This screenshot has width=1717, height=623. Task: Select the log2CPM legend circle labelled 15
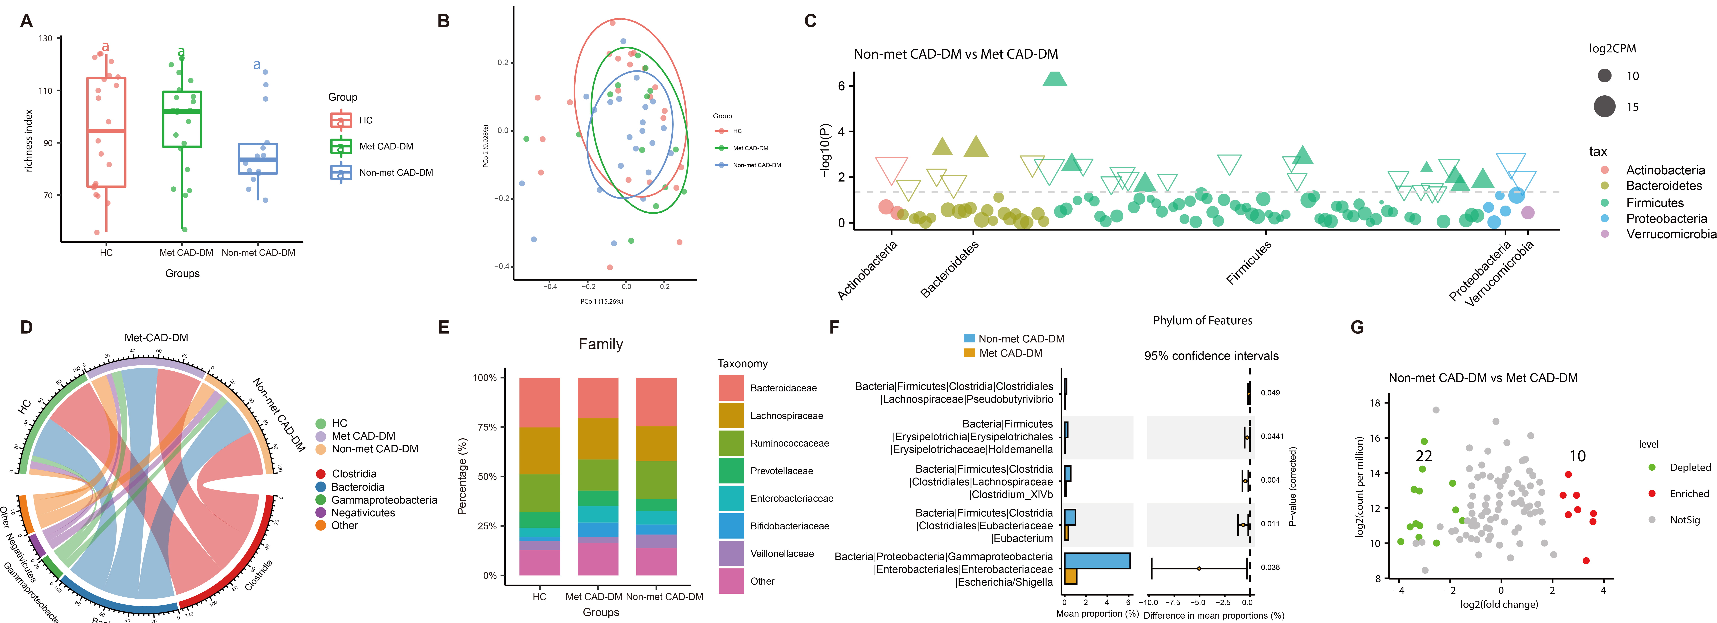1605,107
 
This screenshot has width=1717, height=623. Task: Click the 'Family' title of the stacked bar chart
601,344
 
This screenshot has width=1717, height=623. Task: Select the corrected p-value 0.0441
1272,436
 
